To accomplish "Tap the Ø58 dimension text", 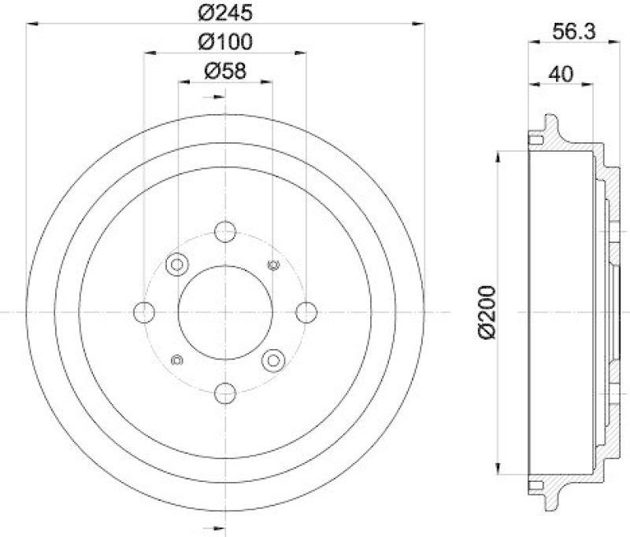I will tap(224, 70).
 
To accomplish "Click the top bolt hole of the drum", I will tap(225, 232).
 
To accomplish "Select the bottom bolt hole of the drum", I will tap(225, 392).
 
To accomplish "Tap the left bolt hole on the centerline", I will tap(145, 312).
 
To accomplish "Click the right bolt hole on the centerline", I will tap(306, 312).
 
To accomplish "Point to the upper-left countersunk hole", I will tap(176, 264).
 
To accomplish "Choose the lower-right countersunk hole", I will tap(273, 360).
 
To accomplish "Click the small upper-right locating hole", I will tap(273, 264).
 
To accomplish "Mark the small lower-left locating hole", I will tap(176, 360).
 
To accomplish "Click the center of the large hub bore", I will tap(225, 312).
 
